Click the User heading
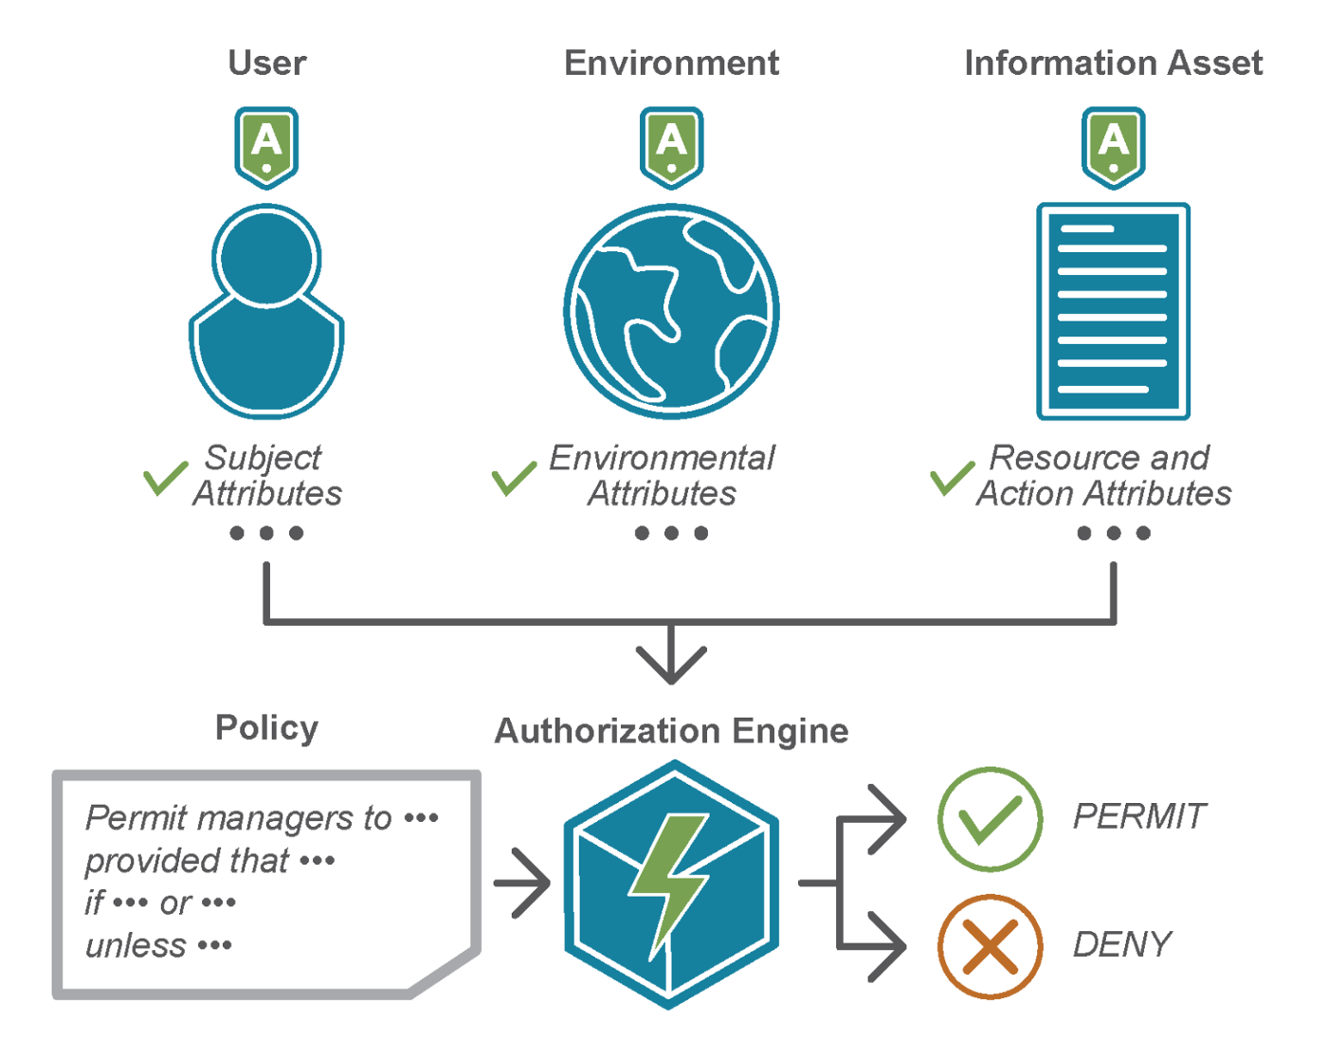[266, 64]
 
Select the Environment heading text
[671, 64]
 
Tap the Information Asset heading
[1113, 64]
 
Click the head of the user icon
[266, 257]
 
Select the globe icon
[671, 311]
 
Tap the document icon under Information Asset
[1113, 311]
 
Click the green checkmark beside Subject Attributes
[165, 478]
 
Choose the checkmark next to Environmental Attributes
[514, 478]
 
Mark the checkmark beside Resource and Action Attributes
[952, 478]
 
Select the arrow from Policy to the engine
[522, 883]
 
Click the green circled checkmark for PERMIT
[990, 818]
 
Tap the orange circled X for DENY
[990, 946]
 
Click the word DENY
[1121, 944]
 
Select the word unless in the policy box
[136, 945]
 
